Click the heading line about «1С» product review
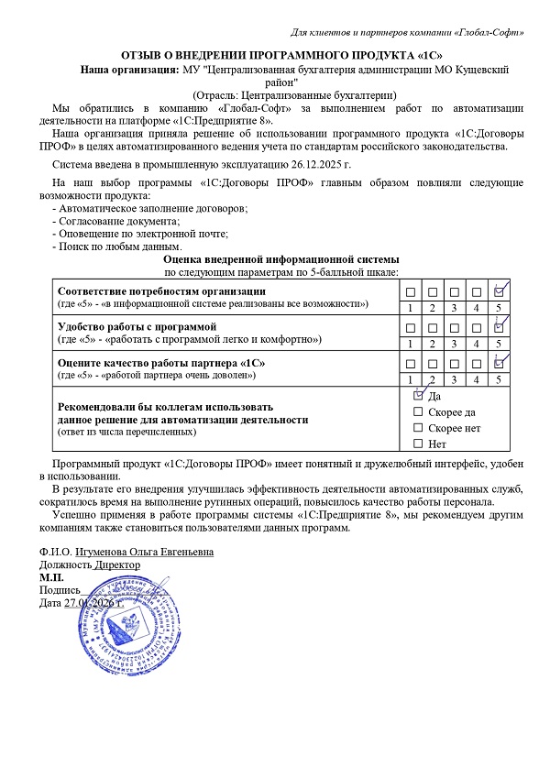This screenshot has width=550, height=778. [x=274, y=55]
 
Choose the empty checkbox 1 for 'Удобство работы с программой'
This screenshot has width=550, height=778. [x=410, y=327]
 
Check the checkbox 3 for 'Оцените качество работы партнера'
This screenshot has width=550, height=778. [x=454, y=363]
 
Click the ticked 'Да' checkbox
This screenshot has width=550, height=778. [x=419, y=397]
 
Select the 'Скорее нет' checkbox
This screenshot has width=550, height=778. [x=419, y=428]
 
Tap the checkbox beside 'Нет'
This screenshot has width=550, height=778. [x=419, y=444]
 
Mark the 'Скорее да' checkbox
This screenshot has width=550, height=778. [x=419, y=412]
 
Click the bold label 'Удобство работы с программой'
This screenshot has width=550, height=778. [x=136, y=326]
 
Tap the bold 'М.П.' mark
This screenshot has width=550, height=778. [x=51, y=578]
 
